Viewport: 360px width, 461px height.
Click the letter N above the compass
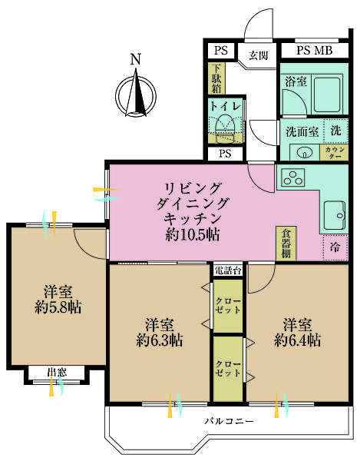(135, 59)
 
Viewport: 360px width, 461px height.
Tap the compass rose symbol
(136, 93)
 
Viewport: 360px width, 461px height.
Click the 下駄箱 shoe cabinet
(216, 77)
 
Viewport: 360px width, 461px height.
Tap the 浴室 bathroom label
(296, 81)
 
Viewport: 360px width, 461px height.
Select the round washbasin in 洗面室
(303, 151)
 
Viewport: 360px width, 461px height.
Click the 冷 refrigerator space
(335, 247)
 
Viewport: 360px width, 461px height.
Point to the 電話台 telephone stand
(228, 270)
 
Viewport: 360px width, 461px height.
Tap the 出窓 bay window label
(57, 373)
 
